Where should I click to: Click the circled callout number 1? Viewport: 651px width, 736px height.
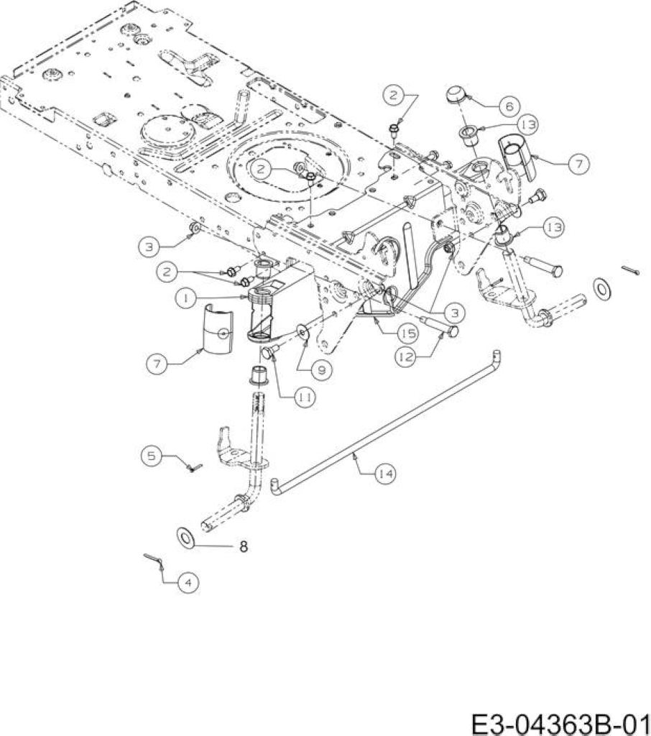(186, 298)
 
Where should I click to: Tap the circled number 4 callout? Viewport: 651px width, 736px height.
(188, 583)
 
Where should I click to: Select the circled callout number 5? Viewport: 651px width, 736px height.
(151, 455)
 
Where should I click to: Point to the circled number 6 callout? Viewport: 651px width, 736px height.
(509, 106)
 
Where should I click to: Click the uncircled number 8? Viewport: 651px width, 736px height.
(243, 546)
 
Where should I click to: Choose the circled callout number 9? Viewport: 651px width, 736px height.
(322, 370)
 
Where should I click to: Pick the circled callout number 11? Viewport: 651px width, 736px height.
(305, 397)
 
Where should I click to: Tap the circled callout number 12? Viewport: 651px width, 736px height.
(405, 357)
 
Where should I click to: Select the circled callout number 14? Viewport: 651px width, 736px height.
(385, 474)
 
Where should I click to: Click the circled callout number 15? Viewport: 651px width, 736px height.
(407, 333)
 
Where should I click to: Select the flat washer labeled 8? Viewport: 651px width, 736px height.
(186, 536)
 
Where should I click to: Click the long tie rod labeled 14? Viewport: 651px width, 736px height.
(385, 421)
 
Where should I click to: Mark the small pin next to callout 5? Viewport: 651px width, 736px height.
(195, 467)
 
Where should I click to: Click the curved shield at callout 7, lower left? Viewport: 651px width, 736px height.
(218, 328)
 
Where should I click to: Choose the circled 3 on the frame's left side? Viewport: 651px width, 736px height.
(149, 247)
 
